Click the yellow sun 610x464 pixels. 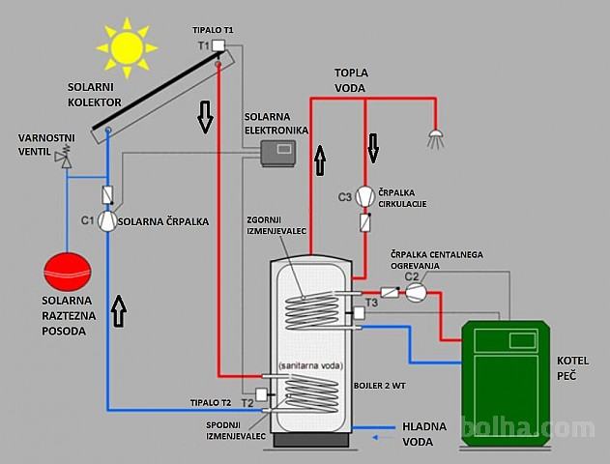click(x=127, y=47)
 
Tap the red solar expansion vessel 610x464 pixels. click(x=68, y=272)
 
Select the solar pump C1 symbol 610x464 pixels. click(x=107, y=221)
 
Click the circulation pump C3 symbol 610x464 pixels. click(x=365, y=196)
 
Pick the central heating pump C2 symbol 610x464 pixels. click(x=417, y=291)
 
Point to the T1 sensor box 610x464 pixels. click(x=218, y=45)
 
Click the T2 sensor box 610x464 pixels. click(x=261, y=394)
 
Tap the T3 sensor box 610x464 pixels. click(x=359, y=313)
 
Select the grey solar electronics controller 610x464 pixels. click(x=278, y=154)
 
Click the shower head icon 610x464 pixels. click(x=436, y=138)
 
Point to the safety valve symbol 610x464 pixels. click(x=65, y=157)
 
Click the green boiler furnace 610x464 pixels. click(x=506, y=383)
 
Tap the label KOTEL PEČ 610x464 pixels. click(x=572, y=368)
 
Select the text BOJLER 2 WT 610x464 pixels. click(x=379, y=386)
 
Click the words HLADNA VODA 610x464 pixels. click(x=424, y=434)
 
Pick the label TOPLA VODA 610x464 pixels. click(x=351, y=80)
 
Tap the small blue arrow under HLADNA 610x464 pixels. click(x=383, y=438)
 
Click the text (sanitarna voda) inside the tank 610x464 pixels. click(x=311, y=365)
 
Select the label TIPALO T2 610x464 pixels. click(x=211, y=402)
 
